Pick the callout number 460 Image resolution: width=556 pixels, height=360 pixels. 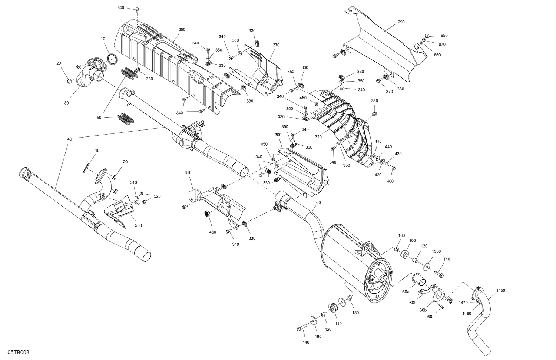pyautogui.click(x=212, y=232)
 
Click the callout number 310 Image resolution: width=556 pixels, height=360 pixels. pyautogui.click(x=188, y=173)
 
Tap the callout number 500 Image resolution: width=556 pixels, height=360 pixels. pyautogui.click(x=138, y=225)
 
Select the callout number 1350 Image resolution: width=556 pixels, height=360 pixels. pyautogui.click(x=436, y=251)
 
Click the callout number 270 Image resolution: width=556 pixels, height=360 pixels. pyautogui.click(x=276, y=44)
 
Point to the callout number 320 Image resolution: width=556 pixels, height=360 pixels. pyautogui.click(x=318, y=136)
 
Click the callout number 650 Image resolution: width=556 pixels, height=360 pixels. pyautogui.click(x=444, y=36)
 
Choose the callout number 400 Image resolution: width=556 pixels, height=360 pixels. pyautogui.click(x=390, y=181)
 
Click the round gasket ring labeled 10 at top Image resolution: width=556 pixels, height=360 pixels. pyautogui.click(x=113, y=58)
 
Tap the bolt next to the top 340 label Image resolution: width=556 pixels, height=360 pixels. pyautogui.click(x=137, y=9)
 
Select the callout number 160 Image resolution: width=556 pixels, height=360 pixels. pyautogui.click(x=318, y=336)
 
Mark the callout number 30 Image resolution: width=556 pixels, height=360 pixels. pyautogui.click(x=66, y=103)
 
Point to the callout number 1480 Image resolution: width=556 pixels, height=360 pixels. pyautogui.click(x=467, y=313)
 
